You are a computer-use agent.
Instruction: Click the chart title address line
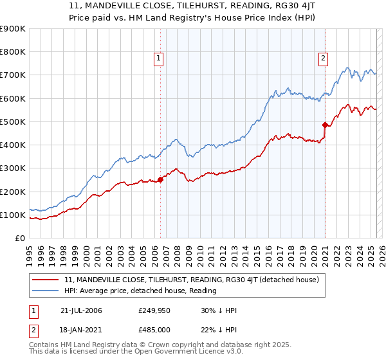192,6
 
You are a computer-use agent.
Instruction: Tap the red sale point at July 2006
160,180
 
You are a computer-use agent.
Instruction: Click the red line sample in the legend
46,280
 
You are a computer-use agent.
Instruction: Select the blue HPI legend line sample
46,291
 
